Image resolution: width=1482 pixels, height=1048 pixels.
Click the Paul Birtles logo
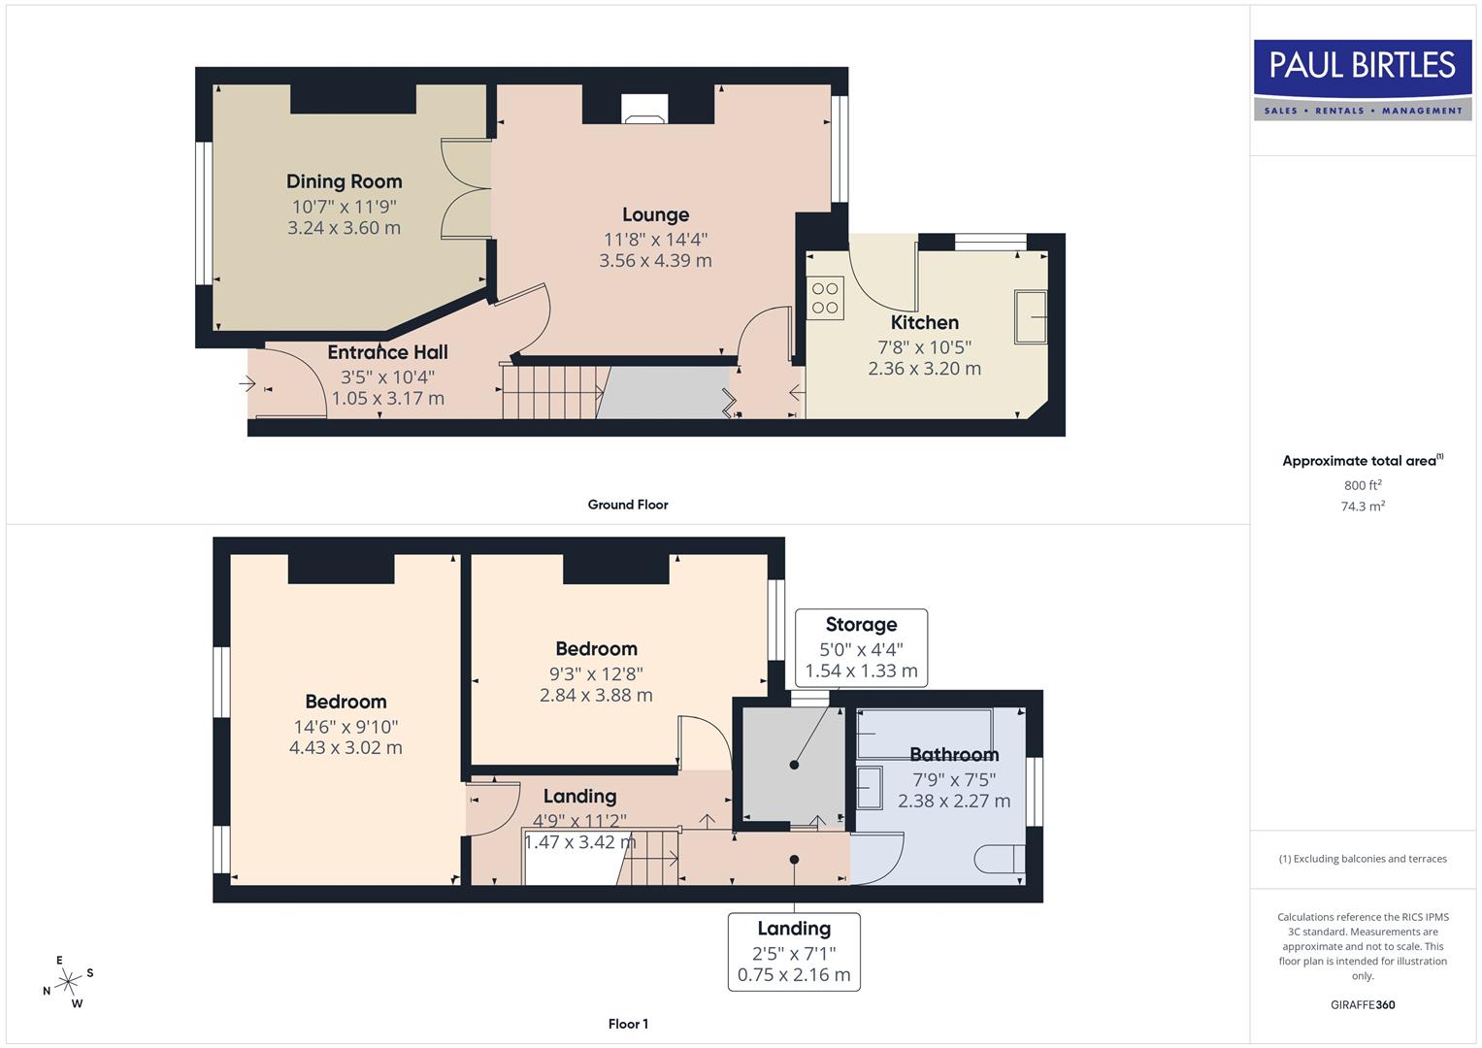click(x=1363, y=79)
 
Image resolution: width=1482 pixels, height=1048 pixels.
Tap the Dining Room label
click(x=344, y=181)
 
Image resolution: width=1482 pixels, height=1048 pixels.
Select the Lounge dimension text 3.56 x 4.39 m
click(x=655, y=261)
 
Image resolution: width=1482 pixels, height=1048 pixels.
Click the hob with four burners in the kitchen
click(x=825, y=298)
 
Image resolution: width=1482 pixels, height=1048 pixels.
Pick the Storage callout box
click(x=861, y=647)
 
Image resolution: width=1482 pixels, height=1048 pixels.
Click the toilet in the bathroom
click(x=999, y=859)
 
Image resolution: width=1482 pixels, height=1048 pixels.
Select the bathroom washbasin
click(x=871, y=787)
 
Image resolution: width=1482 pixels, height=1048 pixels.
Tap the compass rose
click(x=68, y=982)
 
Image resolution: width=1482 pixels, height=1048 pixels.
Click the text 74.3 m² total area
click(x=1363, y=507)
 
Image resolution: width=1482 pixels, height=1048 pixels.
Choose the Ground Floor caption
click(x=628, y=505)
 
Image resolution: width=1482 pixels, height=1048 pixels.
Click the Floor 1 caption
click(x=628, y=1024)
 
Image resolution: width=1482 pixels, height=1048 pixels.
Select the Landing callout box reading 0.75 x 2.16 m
click(x=794, y=952)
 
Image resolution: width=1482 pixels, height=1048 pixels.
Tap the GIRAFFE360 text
click(x=1363, y=1005)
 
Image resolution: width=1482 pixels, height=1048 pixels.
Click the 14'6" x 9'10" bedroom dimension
click(x=346, y=727)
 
